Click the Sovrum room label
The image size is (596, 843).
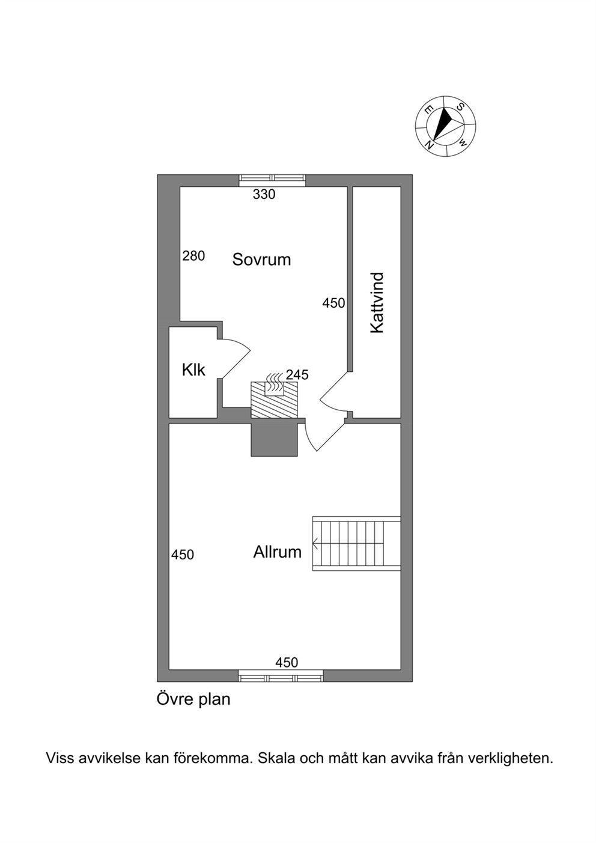click(261, 260)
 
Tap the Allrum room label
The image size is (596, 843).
click(278, 552)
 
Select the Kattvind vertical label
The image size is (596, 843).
click(377, 303)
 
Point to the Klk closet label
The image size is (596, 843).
click(193, 370)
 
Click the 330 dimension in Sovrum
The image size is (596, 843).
click(264, 195)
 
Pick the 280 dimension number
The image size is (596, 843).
click(193, 256)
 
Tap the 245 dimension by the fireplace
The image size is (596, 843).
click(297, 374)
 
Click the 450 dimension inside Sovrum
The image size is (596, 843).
click(333, 303)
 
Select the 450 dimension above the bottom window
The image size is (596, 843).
click(287, 662)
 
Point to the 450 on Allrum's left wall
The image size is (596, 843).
click(183, 555)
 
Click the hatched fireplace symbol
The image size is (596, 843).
click(274, 400)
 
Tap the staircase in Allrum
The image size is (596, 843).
click(356, 543)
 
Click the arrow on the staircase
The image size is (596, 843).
click(315, 543)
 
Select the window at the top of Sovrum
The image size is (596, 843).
click(273, 180)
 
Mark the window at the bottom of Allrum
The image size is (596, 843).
click(281, 675)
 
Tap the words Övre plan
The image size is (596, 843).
click(193, 699)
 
